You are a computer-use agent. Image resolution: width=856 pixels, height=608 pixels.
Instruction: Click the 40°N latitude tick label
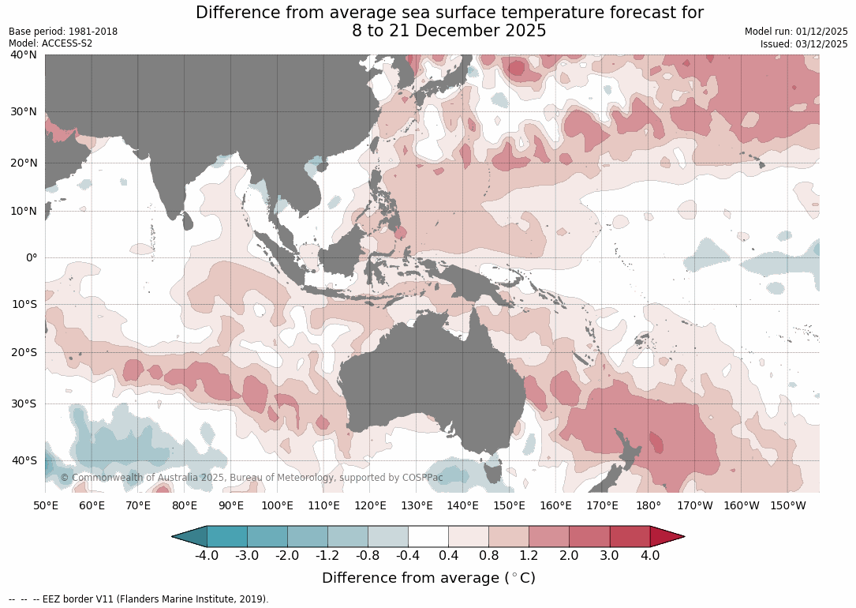point(24,54)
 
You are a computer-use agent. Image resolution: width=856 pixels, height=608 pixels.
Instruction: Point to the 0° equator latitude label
point(31,257)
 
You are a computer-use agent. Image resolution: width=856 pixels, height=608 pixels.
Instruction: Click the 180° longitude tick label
point(649,505)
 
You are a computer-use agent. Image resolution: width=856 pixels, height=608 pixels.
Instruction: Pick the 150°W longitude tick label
point(787,505)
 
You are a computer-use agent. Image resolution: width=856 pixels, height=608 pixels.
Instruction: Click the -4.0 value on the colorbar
point(207,555)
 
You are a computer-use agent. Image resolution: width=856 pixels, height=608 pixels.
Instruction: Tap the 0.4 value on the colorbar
point(448,555)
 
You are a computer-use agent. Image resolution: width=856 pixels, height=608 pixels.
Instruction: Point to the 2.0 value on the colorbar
point(569,555)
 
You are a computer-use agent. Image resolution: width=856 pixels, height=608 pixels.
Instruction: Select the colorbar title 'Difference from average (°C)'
point(428,578)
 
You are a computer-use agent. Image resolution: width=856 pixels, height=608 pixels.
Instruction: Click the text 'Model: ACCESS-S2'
point(50,43)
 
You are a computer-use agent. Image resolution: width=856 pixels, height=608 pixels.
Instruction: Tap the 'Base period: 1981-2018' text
point(63,32)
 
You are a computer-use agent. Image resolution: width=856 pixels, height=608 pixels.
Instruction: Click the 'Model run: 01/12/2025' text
point(796,32)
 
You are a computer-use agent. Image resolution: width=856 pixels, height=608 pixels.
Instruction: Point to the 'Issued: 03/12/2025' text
point(804,44)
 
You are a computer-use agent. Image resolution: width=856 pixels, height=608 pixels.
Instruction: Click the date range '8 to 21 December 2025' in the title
point(449,31)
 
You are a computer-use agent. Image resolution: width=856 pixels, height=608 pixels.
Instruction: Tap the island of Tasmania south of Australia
point(493,472)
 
